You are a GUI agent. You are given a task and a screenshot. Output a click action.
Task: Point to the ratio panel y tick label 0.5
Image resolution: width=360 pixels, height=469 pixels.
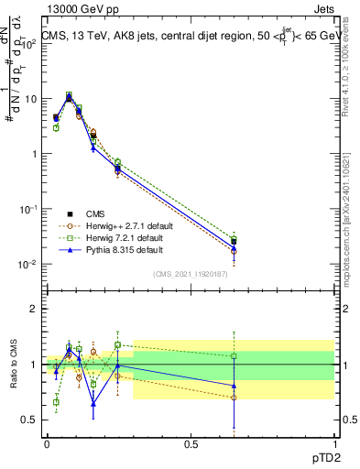click(x=27, y=420)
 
